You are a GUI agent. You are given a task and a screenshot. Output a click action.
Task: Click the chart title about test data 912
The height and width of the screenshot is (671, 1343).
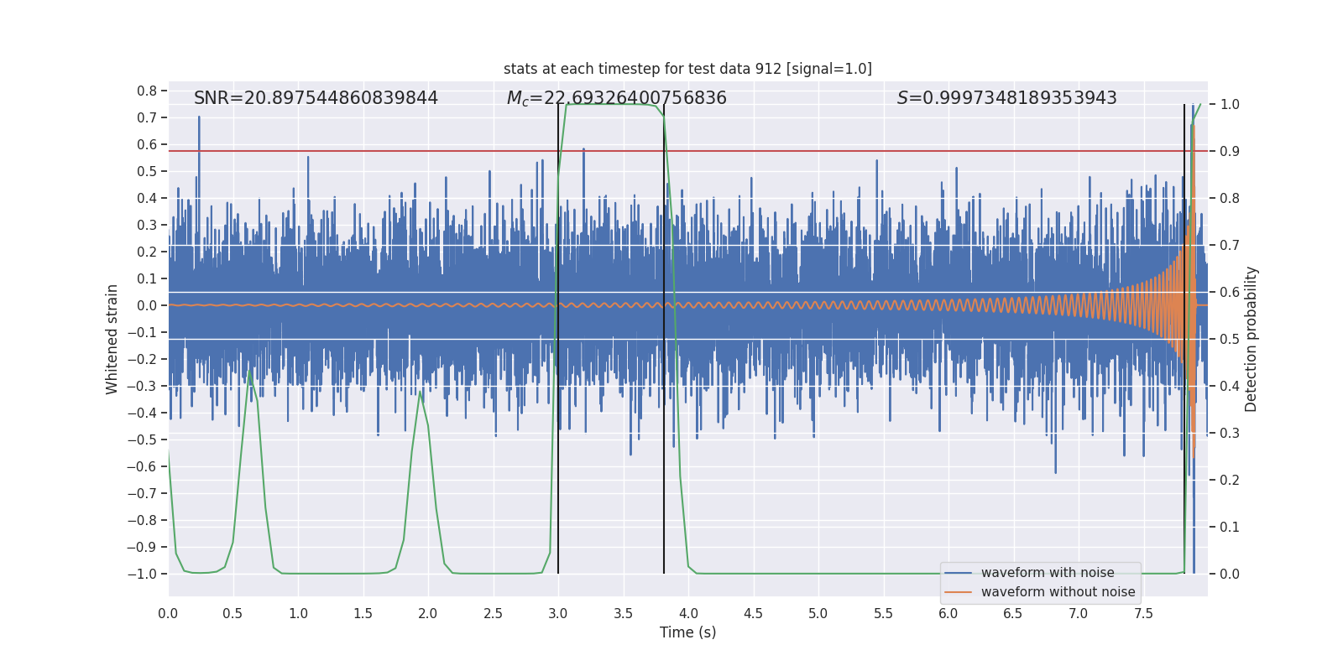(687, 69)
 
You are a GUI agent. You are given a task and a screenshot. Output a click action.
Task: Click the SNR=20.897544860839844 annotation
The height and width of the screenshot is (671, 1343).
(316, 98)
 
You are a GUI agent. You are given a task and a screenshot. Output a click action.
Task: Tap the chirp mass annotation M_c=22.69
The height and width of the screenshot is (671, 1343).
(616, 98)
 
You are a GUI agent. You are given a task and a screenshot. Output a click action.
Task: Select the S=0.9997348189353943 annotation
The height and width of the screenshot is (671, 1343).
(1006, 98)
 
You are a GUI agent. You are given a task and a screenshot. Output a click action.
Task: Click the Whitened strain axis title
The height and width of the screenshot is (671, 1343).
(112, 339)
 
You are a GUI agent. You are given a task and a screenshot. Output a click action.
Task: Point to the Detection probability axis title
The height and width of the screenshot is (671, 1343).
(1252, 339)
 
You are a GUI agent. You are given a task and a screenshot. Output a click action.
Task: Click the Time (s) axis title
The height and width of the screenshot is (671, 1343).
(687, 632)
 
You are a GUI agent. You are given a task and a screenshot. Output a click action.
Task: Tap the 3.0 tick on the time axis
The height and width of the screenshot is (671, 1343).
(558, 613)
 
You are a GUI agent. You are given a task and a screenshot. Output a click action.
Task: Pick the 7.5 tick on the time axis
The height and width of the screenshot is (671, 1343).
(1143, 613)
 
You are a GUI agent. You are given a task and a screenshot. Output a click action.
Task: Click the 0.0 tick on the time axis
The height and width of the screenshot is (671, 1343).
(168, 613)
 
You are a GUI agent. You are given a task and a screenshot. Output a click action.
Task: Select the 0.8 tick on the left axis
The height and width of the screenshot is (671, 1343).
(147, 91)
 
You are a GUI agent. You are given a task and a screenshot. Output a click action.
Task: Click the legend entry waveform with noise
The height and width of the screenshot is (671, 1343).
(1048, 573)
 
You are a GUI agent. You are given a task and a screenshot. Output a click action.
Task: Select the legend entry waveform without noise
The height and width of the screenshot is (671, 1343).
(1058, 592)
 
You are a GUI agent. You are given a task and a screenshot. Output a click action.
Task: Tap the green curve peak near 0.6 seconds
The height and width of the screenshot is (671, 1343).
(250, 369)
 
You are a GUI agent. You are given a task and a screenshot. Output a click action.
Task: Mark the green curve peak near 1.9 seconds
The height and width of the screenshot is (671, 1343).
(420, 391)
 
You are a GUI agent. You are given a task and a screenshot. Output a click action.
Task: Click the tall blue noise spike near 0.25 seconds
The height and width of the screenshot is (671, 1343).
(199, 118)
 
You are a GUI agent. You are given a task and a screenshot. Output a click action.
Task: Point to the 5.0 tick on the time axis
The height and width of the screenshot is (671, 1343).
(818, 613)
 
